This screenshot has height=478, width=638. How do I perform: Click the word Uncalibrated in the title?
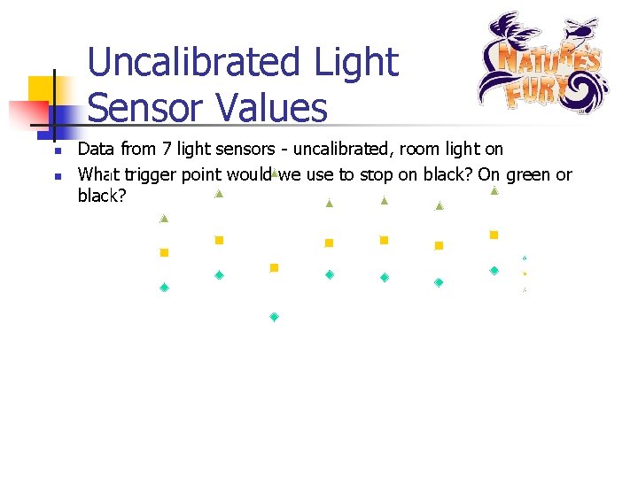point(196,63)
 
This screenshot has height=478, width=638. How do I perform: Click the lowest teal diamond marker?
point(275,317)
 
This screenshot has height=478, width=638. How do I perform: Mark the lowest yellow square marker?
point(274,267)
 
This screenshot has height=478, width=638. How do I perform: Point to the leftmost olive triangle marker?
point(164,218)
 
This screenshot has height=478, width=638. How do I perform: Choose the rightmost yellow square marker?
point(494,235)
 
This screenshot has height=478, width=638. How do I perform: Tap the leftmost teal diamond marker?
point(164,288)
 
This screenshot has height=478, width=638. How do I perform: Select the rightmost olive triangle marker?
point(494,190)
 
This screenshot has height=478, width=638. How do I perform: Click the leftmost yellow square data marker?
point(164,252)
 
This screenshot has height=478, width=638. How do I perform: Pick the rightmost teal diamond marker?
point(494,270)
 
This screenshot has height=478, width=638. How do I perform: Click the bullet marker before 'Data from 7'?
point(55,151)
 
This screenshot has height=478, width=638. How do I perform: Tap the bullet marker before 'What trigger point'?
point(55,176)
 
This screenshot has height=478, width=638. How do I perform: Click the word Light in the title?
point(354,63)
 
